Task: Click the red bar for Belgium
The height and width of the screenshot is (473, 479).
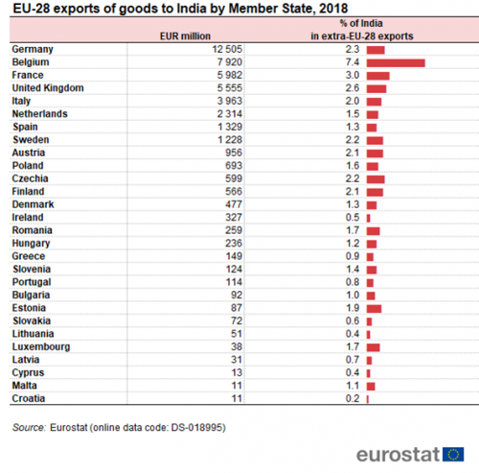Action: click(x=396, y=63)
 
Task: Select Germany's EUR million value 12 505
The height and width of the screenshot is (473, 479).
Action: click(x=227, y=49)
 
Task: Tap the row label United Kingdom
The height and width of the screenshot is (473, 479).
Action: click(x=48, y=88)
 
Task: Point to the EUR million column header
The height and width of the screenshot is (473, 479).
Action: click(x=185, y=36)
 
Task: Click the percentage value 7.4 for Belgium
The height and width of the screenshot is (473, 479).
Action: click(x=353, y=62)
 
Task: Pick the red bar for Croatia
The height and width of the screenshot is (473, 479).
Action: click(x=368, y=399)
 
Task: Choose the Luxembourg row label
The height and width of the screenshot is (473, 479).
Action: click(x=41, y=347)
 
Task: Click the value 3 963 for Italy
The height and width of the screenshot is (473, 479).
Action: click(x=230, y=101)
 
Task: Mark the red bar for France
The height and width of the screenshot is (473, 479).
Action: click(x=377, y=76)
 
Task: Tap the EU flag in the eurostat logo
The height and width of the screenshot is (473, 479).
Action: click(x=453, y=454)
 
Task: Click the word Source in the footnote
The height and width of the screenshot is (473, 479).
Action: click(x=29, y=428)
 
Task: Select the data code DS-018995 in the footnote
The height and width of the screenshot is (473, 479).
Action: click(x=196, y=428)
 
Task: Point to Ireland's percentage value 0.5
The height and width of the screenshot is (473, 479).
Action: click(x=353, y=218)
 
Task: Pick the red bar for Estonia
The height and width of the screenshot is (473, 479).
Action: click(x=374, y=309)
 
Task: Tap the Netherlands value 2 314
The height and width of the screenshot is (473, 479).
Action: click(x=230, y=114)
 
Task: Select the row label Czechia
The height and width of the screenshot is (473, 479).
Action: click(x=30, y=178)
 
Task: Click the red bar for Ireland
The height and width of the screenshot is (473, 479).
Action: click(x=368, y=219)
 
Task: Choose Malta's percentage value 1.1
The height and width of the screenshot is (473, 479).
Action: click(x=353, y=386)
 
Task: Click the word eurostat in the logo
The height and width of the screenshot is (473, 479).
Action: click(x=398, y=455)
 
